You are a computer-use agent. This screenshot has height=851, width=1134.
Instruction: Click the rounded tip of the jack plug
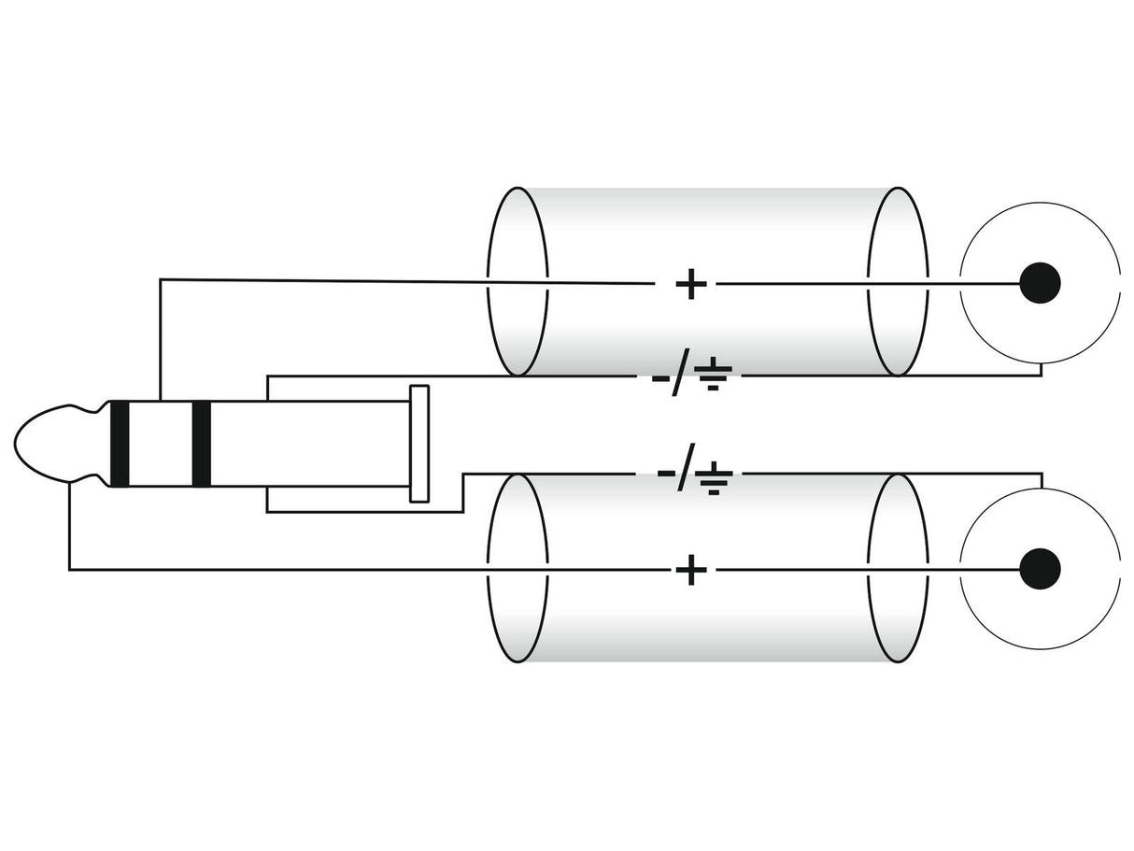pyautogui.click(x=51, y=444)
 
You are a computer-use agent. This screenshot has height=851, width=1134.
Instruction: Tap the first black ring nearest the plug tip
pyautogui.click(x=120, y=444)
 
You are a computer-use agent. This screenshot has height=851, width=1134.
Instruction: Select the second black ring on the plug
pyautogui.click(x=201, y=444)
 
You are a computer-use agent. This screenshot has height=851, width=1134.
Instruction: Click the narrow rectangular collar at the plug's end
pyautogui.click(x=419, y=444)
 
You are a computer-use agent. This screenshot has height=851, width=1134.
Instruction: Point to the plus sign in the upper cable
pyautogui.click(x=690, y=284)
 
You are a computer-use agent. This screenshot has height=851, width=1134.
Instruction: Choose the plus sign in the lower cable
pyautogui.click(x=690, y=570)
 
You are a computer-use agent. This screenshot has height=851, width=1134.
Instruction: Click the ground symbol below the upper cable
pyautogui.click(x=713, y=373)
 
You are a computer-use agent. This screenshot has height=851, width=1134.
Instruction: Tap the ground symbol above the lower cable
pyautogui.click(x=714, y=478)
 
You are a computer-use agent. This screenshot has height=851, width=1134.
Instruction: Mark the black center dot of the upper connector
pyautogui.click(x=1040, y=283)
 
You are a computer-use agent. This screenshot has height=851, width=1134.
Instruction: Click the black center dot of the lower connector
pyautogui.click(x=1040, y=570)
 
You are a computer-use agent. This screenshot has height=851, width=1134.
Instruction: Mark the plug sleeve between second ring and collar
pyautogui.click(x=310, y=444)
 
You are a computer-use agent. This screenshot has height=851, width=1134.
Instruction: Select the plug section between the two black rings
pyautogui.click(x=160, y=444)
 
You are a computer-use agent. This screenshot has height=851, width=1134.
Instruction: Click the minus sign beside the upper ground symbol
pyautogui.click(x=660, y=378)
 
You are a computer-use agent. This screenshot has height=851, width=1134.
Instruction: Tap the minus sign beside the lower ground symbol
pyautogui.click(x=665, y=473)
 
